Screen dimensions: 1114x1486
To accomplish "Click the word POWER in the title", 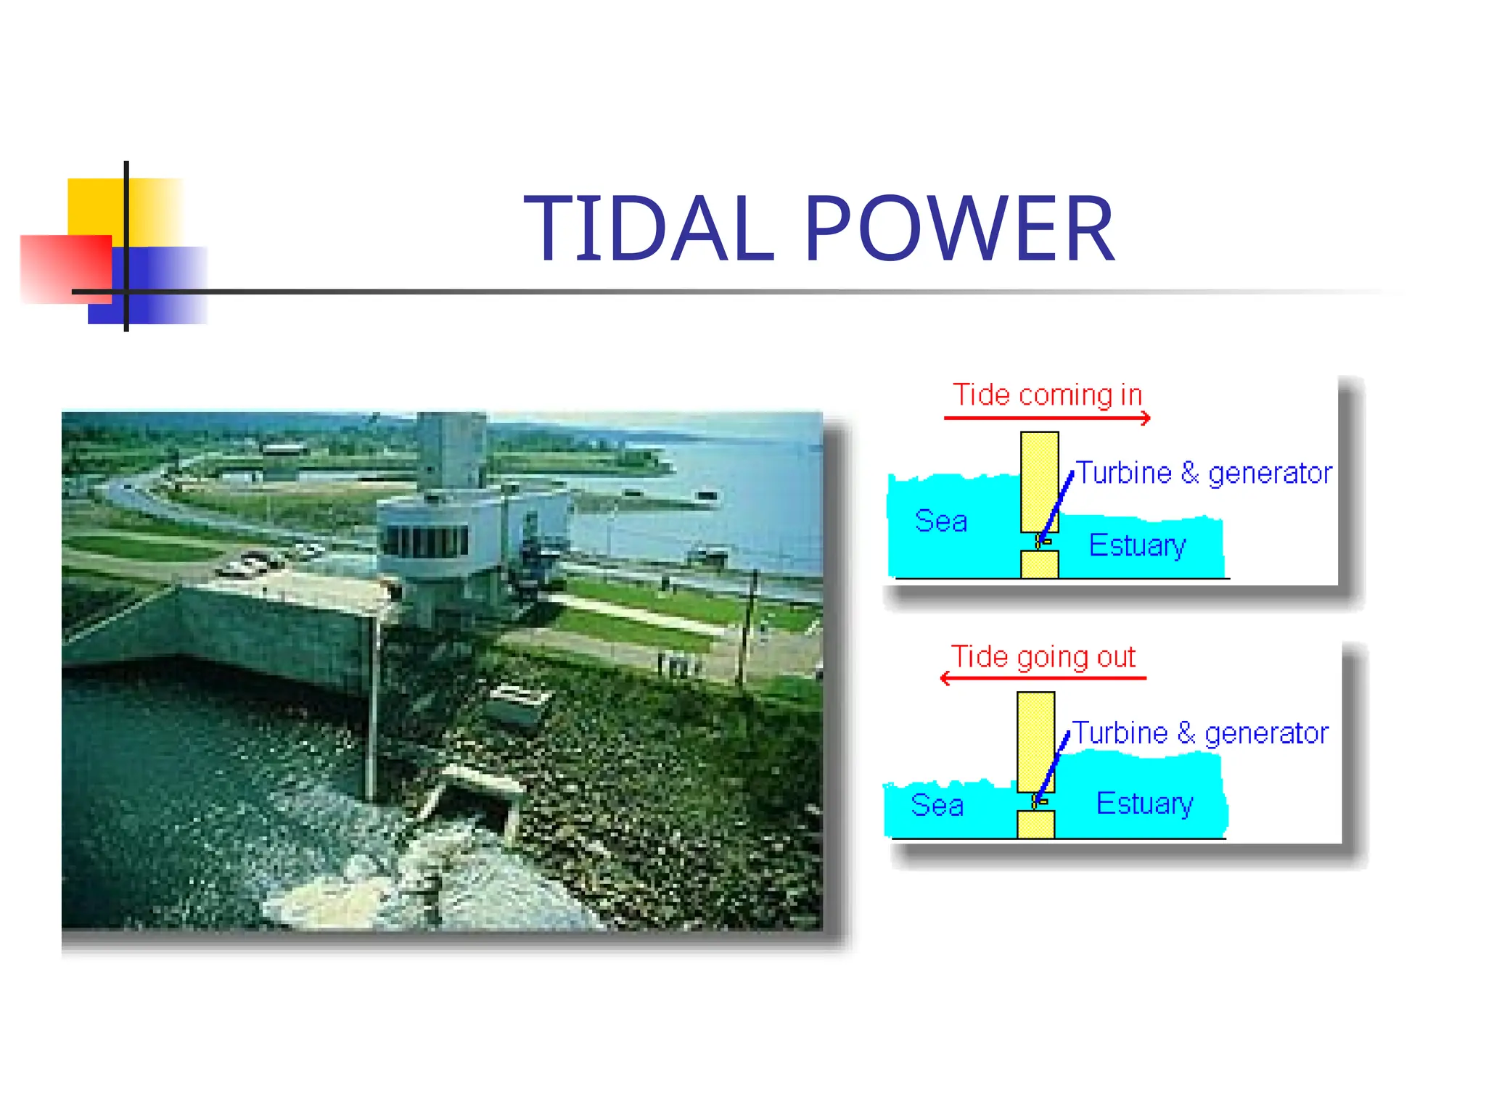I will point(959,229).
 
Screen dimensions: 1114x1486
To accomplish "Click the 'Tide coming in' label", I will point(1047,395).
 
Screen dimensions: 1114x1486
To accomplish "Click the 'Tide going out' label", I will point(1043,656).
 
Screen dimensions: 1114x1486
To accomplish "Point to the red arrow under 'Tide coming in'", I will point(1047,418).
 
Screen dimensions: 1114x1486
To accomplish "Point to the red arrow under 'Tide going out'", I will point(1043,678).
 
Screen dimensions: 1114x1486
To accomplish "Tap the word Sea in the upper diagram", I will point(940,521).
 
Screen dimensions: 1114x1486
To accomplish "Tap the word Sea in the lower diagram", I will point(937,806).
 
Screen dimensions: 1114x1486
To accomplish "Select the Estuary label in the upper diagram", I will point(1137,545).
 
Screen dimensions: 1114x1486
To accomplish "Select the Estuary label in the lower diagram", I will point(1144,804).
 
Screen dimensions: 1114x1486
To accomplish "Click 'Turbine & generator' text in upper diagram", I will point(1203,474).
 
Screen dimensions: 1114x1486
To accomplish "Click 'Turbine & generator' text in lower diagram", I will point(1199,733).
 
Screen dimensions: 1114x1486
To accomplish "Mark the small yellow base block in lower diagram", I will point(1035,825).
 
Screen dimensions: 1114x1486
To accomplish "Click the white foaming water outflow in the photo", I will point(435,870).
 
